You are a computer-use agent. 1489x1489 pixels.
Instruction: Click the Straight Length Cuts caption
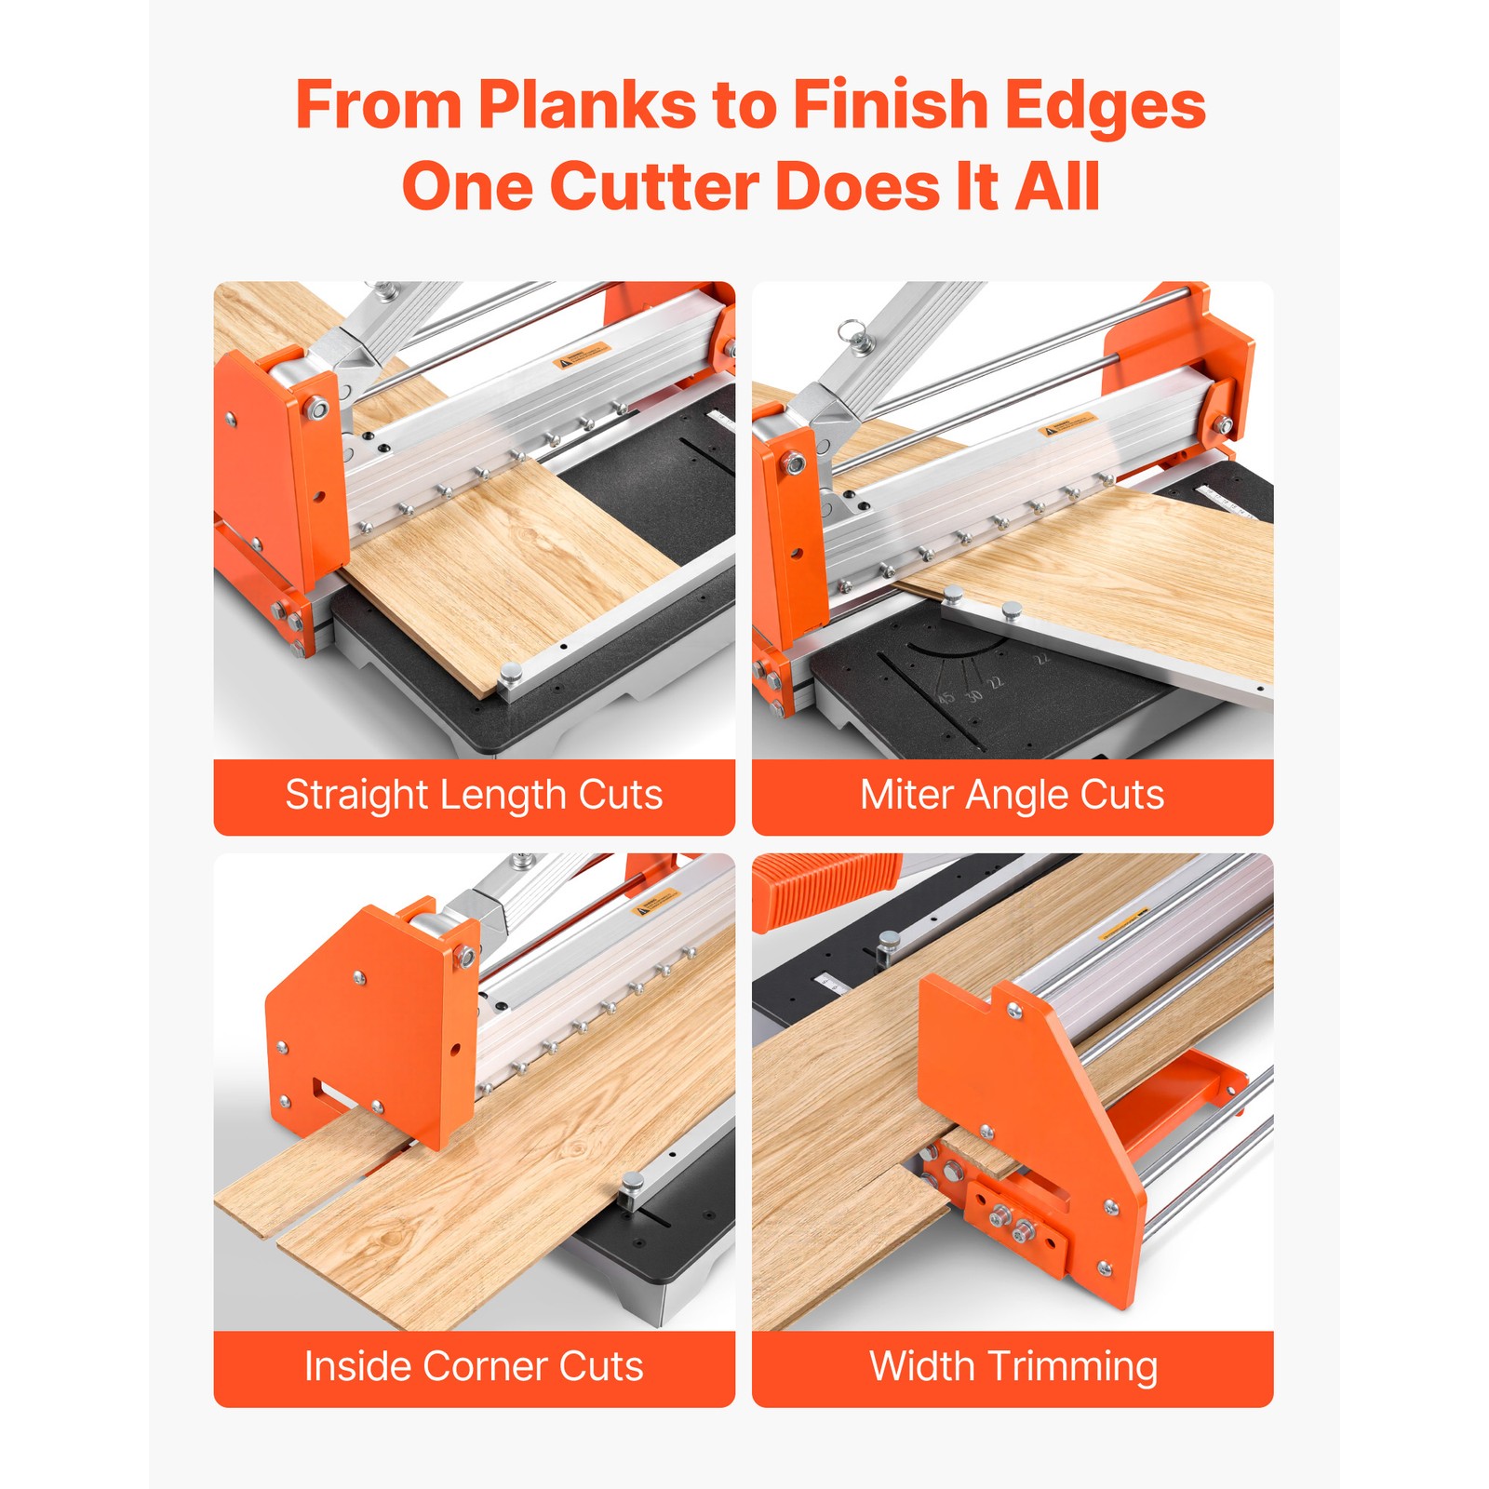coord(474,796)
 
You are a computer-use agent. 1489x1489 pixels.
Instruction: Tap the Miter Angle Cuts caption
coord(1012,796)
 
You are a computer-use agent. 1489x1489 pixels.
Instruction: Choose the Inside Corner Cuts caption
coord(474,1367)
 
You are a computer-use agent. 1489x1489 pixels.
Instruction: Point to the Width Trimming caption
coord(1013,1367)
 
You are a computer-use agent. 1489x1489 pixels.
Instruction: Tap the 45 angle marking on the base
coord(946,697)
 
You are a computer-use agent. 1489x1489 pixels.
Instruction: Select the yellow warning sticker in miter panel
coord(1067,425)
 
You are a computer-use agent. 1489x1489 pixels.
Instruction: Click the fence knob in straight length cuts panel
coord(510,673)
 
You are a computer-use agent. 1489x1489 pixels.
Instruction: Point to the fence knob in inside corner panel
coord(632,1184)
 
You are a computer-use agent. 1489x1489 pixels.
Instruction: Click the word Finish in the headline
coord(891,105)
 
